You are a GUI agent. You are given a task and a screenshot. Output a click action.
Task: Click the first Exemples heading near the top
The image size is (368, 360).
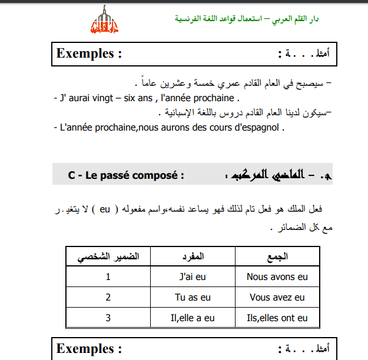coord(89,54)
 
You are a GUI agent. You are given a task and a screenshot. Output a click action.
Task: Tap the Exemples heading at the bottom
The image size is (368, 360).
coord(89,348)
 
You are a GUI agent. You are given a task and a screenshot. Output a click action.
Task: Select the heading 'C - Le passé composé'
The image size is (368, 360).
coord(126,175)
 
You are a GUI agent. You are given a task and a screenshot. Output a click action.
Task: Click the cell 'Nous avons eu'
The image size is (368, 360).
coord(277,276)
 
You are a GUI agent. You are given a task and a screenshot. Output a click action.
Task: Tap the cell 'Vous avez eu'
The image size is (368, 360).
coord(277,298)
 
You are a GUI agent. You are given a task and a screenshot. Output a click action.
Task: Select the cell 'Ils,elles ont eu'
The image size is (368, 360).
coord(277,318)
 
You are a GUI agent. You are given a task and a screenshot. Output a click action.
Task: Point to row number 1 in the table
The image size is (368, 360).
coord(108,276)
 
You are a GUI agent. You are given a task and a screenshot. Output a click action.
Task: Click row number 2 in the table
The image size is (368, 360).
coord(108,298)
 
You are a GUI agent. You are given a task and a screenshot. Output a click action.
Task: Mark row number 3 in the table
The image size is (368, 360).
coord(108,318)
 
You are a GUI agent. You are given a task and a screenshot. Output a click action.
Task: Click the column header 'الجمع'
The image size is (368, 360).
coord(277,256)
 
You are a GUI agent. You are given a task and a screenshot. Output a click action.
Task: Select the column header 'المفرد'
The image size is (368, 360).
coord(193,256)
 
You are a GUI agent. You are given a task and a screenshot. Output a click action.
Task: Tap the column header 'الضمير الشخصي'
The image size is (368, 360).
coord(109,256)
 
